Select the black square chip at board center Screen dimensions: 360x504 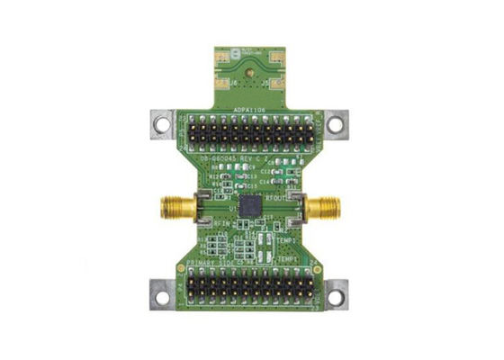click(249, 202)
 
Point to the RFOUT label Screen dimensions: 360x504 click(274, 193)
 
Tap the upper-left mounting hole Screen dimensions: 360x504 click(162, 125)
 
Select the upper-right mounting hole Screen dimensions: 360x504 click(334, 125)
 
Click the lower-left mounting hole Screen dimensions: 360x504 click(162, 293)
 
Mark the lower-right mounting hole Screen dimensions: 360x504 click(335, 293)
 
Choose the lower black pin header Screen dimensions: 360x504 click(248, 289)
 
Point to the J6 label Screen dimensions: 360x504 click(232, 83)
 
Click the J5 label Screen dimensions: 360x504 click(262, 83)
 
